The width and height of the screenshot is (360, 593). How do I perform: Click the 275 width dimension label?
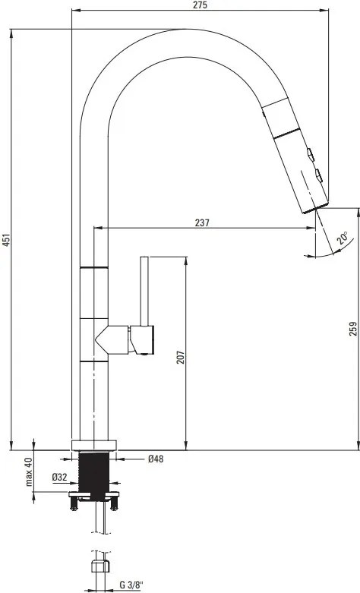200,5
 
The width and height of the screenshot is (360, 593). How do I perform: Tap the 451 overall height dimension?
5,240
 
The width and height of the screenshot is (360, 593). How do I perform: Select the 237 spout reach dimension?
202,222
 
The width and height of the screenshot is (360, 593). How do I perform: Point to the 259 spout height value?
353,328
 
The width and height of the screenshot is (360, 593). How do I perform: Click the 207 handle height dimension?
181,357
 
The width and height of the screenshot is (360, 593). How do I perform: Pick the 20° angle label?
343,238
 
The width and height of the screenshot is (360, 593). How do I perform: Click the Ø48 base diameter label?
156,459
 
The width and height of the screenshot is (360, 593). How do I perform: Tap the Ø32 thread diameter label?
60,478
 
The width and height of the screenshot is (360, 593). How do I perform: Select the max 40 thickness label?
29,472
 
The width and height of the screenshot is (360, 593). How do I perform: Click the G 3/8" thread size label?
131,585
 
